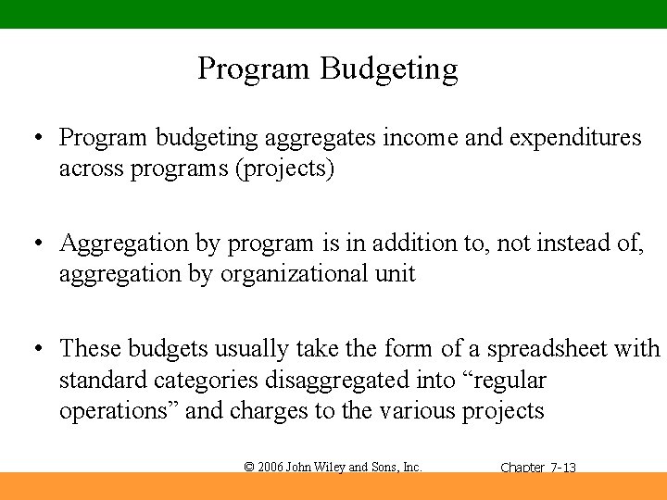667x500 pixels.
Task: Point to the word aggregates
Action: (320, 138)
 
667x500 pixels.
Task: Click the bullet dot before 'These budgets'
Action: (35, 349)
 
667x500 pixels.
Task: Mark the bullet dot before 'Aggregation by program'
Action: (35, 244)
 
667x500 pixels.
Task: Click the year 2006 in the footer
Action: (271, 468)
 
